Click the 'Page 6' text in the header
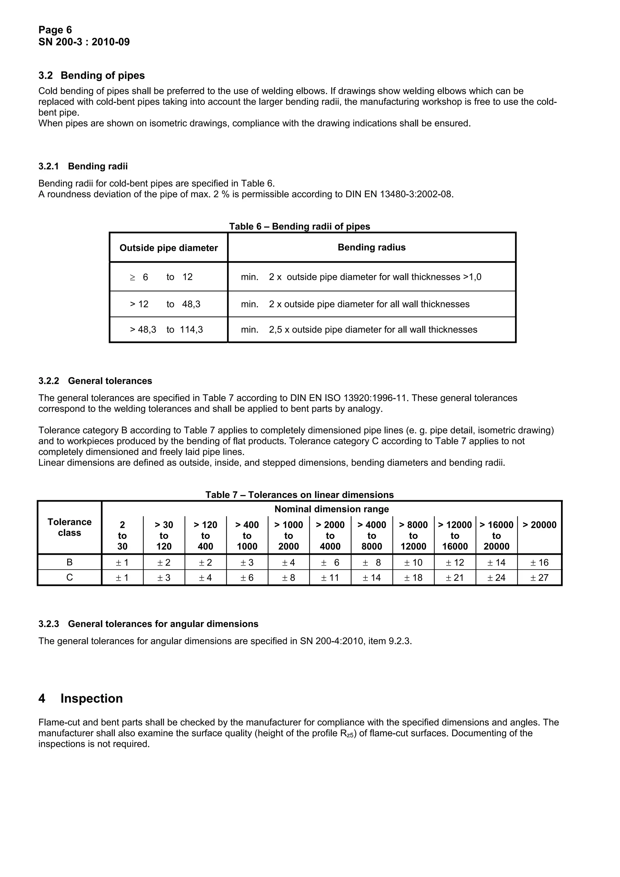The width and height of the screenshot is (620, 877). tap(55, 30)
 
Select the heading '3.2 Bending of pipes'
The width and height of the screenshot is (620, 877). tap(92, 75)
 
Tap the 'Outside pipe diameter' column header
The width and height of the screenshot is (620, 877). tap(168, 248)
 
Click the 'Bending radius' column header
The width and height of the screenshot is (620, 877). tap(371, 247)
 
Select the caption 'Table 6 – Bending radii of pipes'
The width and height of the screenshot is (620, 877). tap(299, 226)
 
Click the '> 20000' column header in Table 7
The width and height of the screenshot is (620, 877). tap(539, 525)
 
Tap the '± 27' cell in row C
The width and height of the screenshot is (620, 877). tap(539, 577)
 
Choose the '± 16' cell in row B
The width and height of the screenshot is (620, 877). tap(539, 562)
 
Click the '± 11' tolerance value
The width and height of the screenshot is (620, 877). tap(330, 577)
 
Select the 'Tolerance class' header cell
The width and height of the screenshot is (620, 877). tap(70, 527)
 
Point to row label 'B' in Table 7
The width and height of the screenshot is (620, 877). tap(70, 562)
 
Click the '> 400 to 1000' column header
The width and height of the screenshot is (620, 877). tap(247, 536)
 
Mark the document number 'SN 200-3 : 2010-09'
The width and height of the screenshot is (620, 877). tap(84, 42)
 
